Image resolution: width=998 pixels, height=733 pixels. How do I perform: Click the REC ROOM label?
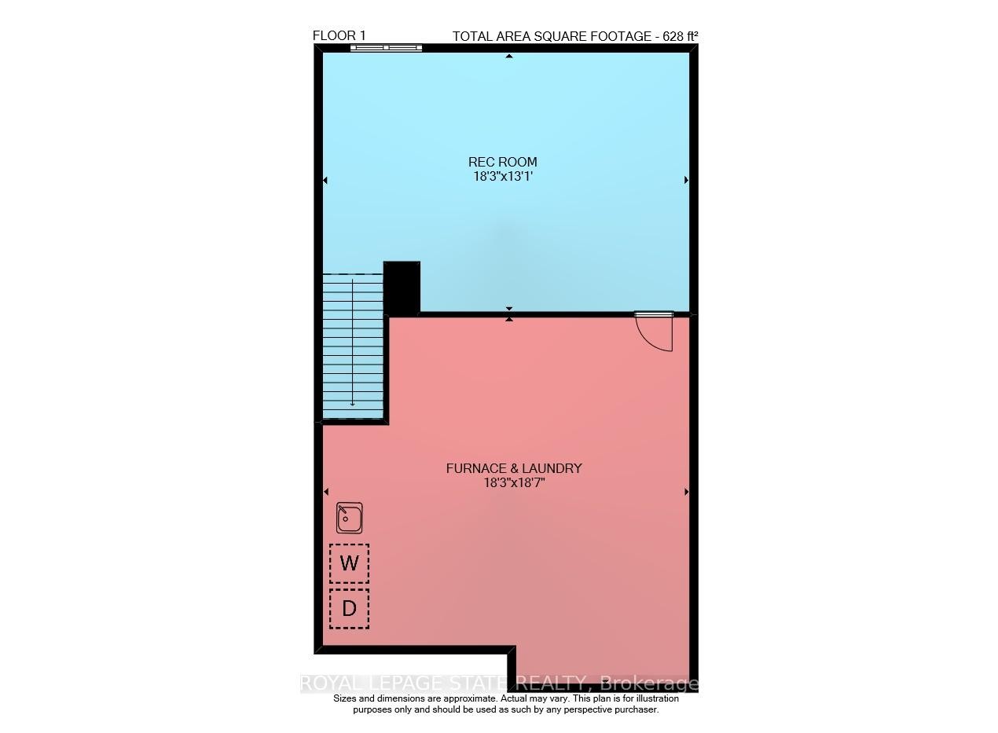(503, 162)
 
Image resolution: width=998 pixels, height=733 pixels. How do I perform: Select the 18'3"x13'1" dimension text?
(503, 176)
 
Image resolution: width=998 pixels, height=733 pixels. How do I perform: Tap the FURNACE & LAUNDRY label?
(514, 468)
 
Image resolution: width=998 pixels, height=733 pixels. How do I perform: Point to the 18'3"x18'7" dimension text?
(514, 482)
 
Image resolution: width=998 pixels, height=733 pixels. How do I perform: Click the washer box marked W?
(349, 563)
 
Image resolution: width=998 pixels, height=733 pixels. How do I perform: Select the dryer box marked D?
(349, 608)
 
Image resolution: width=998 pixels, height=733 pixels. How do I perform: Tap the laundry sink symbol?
(349, 518)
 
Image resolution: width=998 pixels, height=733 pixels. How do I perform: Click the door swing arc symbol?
(655, 333)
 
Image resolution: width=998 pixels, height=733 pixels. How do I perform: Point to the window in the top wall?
(386, 48)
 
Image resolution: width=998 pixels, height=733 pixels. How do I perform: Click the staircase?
(353, 346)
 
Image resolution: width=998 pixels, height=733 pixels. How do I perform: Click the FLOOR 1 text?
(339, 35)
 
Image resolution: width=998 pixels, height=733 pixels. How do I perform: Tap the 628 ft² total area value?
(677, 36)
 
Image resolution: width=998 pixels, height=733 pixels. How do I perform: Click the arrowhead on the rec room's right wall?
(686, 180)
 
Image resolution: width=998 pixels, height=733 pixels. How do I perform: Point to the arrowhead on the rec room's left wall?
(325, 180)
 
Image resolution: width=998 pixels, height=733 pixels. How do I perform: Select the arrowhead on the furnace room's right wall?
(686, 492)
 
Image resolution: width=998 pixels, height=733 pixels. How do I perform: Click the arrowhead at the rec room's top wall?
(509, 57)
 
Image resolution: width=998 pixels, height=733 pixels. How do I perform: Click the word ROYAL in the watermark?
(326, 684)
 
